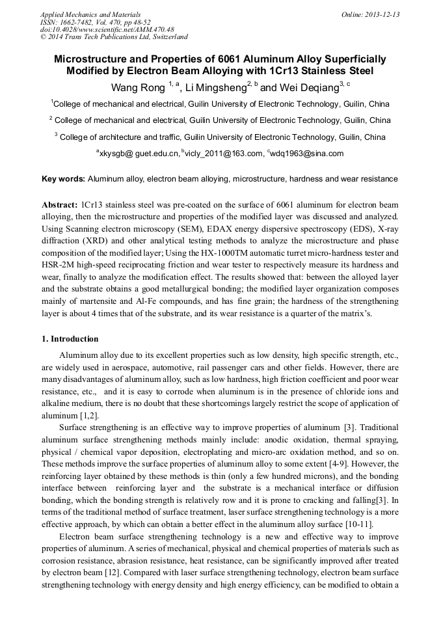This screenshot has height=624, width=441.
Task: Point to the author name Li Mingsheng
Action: (216, 87)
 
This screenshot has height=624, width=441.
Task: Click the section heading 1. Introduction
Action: (70, 339)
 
